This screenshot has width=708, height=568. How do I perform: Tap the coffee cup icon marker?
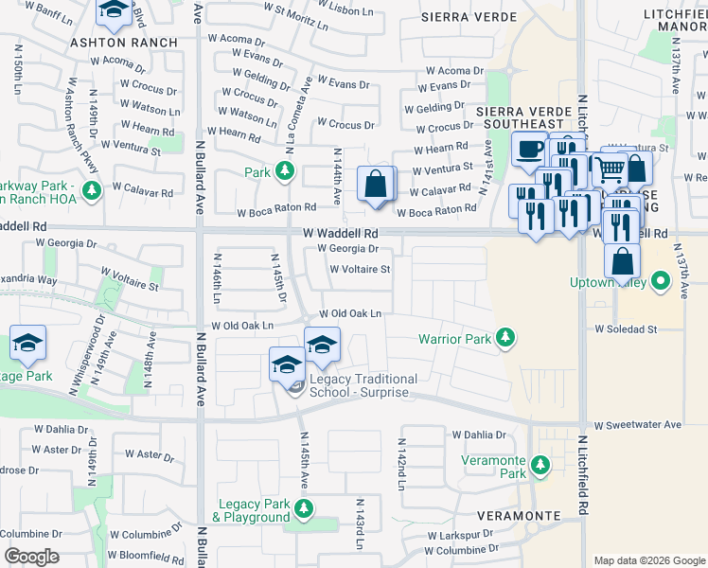tap(528, 149)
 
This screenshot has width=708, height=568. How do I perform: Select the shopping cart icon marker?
tap(611, 169)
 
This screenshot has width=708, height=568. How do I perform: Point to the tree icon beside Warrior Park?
tap(506, 338)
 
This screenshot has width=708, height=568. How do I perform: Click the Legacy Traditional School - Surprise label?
tap(363, 385)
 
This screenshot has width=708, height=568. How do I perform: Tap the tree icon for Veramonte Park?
tap(540, 465)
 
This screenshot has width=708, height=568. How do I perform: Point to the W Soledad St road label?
tap(626, 329)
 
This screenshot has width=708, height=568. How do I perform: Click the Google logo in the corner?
tap(30, 557)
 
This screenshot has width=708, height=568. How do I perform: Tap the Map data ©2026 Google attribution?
tap(648, 560)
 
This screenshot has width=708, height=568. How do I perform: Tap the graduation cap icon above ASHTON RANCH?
tap(115, 10)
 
